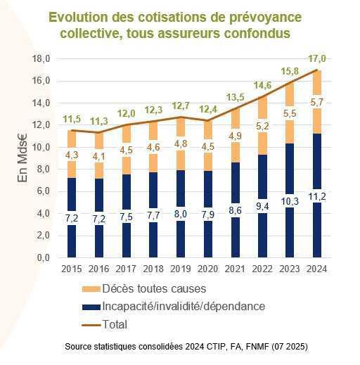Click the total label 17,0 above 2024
point(317,59)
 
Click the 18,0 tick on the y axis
point(43,59)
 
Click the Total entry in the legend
point(115,324)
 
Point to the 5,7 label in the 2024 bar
point(317,103)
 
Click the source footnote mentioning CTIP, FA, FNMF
point(186,347)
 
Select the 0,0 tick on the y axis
point(43,257)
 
